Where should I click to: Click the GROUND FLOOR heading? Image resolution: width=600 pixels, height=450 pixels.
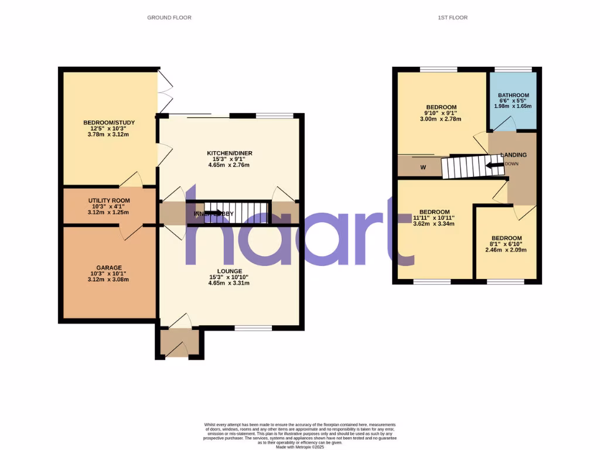click(x=169, y=18)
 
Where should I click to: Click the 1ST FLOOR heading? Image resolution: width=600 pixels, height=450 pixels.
click(x=452, y=18)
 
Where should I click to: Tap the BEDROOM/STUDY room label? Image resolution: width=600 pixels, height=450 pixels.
click(x=109, y=122)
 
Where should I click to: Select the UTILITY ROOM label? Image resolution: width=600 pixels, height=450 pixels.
click(x=109, y=200)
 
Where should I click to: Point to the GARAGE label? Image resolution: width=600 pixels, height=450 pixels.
click(x=109, y=268)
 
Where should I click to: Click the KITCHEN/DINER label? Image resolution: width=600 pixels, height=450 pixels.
click(x=230, y=154)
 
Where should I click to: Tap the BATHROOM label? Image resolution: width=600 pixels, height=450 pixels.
click(x=513, y=96)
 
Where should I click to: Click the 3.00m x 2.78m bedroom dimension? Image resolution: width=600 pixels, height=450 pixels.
click(x=441, y=120)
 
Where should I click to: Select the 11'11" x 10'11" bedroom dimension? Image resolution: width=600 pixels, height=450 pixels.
click(x=434, y=217)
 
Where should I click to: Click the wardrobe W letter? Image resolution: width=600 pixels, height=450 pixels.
click(x=422, y=166)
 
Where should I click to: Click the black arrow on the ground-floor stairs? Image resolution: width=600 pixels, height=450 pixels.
click(x=212, y=213)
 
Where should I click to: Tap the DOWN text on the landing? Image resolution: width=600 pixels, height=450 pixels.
click(x=511, y=164)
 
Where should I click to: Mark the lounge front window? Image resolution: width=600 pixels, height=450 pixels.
click(x=253, y=328)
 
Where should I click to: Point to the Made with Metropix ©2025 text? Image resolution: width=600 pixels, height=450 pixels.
click(x=299, y=446)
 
